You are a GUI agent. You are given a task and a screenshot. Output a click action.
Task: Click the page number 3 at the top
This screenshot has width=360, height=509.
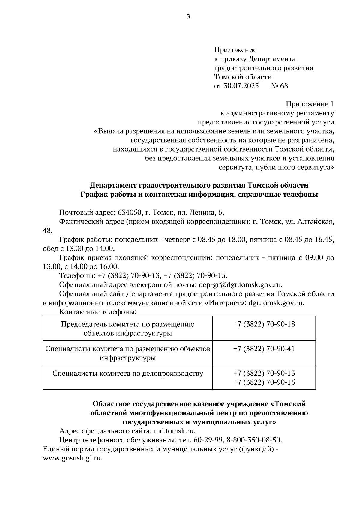(x=188, y=17)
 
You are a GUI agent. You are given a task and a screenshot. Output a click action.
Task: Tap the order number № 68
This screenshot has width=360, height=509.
(x=279, y=86)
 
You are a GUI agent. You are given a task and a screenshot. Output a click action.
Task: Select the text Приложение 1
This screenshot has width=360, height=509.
(x=310, y=104)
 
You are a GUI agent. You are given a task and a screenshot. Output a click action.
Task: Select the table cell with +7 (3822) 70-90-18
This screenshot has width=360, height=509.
(x=264, y=324)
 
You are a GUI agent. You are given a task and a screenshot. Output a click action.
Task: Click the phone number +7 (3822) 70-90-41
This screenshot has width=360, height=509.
(x=264, y=349)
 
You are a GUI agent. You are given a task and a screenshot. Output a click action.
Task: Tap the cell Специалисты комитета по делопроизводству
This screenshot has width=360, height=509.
(x=128, y=374)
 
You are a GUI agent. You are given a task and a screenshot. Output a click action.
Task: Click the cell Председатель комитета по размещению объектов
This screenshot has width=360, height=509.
(x=128, y=329)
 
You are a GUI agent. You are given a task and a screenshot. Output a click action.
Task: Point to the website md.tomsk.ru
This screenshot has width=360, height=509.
(x=174, y=431)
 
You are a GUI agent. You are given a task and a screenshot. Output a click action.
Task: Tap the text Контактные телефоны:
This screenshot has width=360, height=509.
(x=98, y=312)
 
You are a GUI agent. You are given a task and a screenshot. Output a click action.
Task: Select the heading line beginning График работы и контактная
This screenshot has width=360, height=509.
(x=199, y=195)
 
